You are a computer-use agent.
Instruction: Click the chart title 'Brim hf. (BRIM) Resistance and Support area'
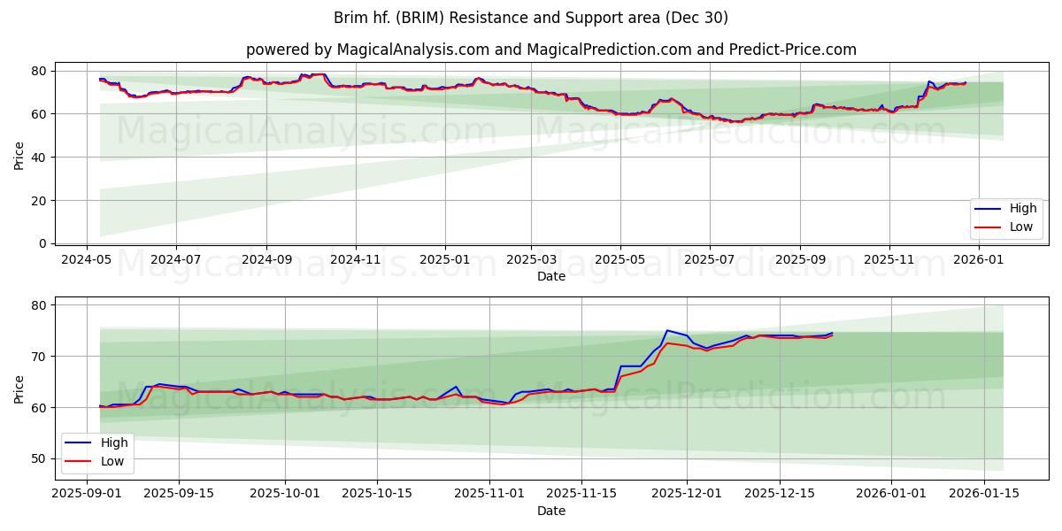(x=531, y=18)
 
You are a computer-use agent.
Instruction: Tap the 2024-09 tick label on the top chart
(x=265, y=260)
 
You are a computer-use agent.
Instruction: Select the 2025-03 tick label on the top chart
(x=531, y=260)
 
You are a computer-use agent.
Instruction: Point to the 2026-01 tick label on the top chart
(x=979, y=260)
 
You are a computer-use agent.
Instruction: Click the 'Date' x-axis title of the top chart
(x=550, y=276)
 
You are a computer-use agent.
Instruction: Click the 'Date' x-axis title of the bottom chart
(x=550, y=511)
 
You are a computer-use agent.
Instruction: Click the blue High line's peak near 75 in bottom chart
(x=667, y=331)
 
